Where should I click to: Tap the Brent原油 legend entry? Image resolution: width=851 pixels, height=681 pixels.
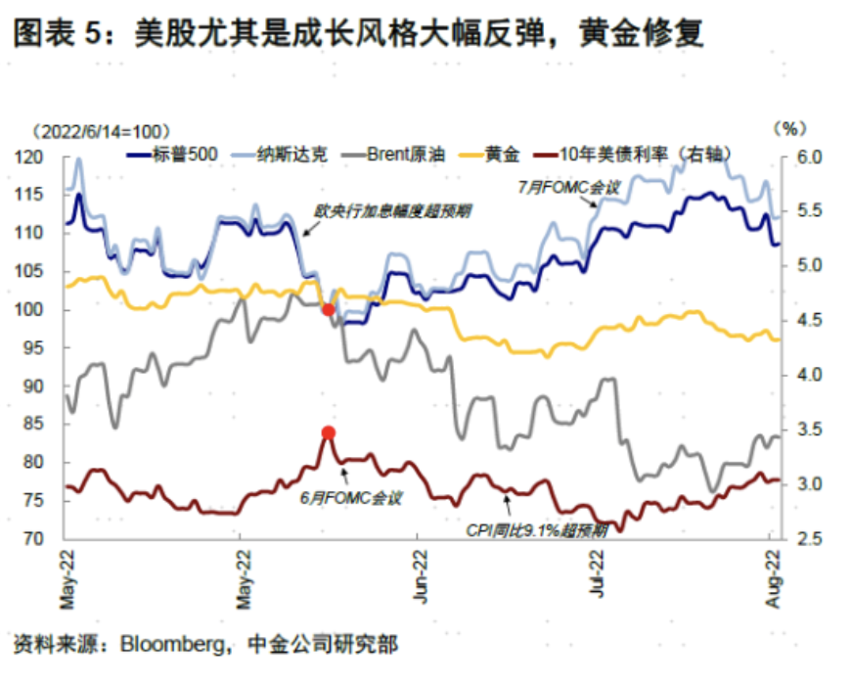(x=405, y=154)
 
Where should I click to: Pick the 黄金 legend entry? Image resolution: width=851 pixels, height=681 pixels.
(x=502, y=154)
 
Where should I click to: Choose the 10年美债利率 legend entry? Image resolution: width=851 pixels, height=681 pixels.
(x=640, y=154)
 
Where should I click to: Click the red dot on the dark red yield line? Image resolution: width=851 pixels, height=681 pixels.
(x=329, y=432)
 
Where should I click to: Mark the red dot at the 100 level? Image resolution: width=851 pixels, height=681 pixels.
(x=329, y=309)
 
